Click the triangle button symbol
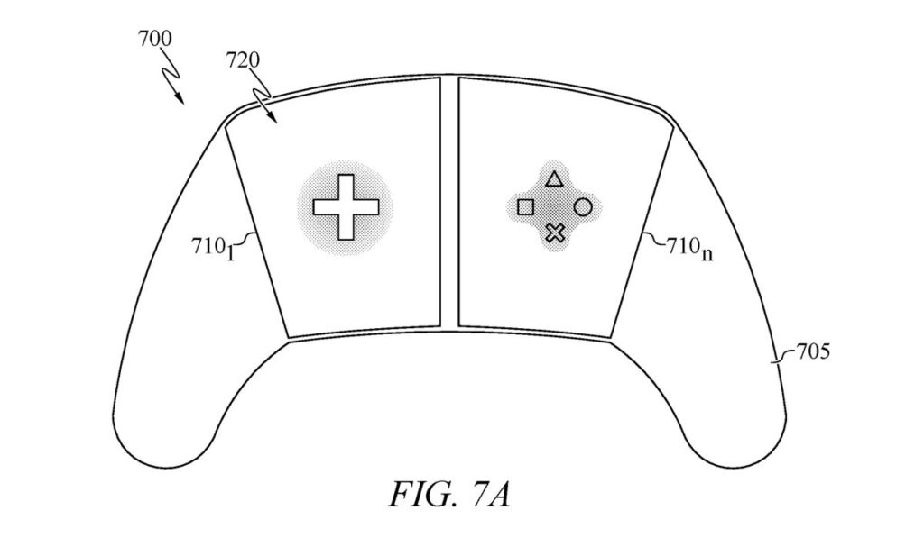click(x=553, y=178)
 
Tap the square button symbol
click(x=525, y=207)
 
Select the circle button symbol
click(x=582, y=207)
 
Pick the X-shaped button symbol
click(x=555, y=233)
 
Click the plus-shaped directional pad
click(x=346, y=207)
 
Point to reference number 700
click(x=155, y=39)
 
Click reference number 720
click(x=242, y=60)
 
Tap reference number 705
click(x=813, y=351)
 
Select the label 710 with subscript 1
click(x=213, y=247)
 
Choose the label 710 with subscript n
click(x=689, y=247)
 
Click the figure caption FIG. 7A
click(x=449, y=495)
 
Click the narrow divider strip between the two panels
click(x=449, y=201)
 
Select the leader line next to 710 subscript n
click(x=653, y=239)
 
